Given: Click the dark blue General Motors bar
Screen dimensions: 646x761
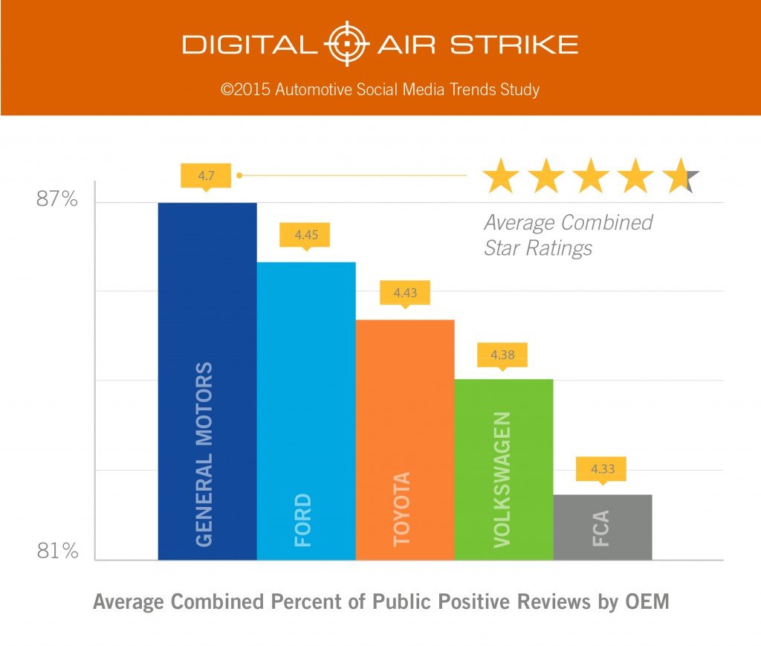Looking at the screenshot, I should point(207,381).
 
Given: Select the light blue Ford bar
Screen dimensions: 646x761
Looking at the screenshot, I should point(305,410).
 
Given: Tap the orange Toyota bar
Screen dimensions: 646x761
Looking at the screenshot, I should point(404,439).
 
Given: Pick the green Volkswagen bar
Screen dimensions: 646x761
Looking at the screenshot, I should point(503,469).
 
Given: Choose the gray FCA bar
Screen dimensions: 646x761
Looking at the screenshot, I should point(602,526).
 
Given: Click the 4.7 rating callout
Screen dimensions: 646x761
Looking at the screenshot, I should point(205,176).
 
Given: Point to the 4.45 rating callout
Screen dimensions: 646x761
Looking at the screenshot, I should point(304,235).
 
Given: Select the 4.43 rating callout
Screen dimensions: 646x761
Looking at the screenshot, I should point(404,293).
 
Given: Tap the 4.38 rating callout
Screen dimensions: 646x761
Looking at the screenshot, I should point(502,355).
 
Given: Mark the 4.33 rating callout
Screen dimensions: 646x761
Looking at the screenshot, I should point(601,469).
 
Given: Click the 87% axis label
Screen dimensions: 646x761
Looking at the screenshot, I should point(57,200).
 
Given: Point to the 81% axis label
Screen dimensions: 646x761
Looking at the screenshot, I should point(57,552).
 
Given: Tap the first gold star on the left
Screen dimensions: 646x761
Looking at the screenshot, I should point(500,178).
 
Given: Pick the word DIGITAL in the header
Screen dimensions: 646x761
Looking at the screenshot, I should point(249,45).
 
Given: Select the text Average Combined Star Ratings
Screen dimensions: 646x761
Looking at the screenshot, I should point(568,235).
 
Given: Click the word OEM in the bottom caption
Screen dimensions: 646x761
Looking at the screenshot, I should point(647,601).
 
